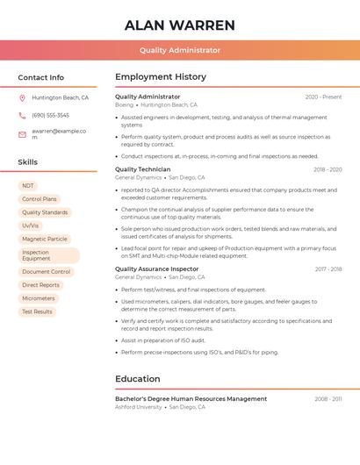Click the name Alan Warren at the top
[179, 25]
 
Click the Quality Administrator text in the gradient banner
[179, 50]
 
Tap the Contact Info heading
[40, 77]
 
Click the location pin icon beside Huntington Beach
[22, 98]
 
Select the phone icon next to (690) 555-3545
[22, 115]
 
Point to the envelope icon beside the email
[22, 134]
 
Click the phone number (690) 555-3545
[50, 115]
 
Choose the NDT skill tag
[28, 186]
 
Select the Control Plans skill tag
[39, 199]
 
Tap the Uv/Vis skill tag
[31, 225]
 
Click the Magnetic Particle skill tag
[44, 239]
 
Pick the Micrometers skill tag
[38, 298]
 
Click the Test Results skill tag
[37, 311]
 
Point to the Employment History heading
[161, 77]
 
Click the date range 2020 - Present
[323, 97]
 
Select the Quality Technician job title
[143, 169]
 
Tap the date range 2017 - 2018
[328, 269]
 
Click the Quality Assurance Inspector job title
[157, 269]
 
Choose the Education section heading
[138, 379]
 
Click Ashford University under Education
[139, 407]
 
